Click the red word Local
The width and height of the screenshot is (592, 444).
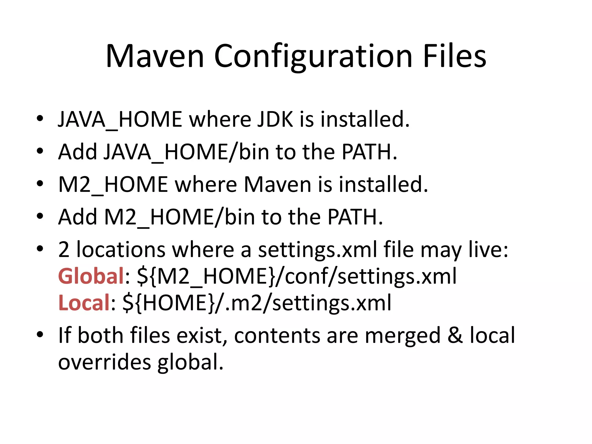point(84,303)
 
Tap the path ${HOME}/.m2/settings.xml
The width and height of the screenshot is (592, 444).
point(257,303)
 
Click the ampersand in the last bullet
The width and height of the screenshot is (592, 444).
point(455,335)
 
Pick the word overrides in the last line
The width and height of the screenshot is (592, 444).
point(105,362)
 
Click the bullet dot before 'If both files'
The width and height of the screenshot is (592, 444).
point(40,335)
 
